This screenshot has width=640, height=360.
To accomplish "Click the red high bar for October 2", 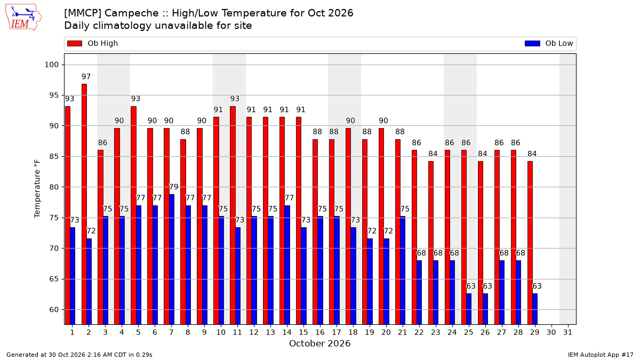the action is [84, 204].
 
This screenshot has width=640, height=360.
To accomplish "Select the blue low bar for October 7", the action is [171, 259].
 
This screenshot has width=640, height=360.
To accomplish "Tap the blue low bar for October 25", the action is [469, 309].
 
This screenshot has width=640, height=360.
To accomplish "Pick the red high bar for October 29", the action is [530, 243].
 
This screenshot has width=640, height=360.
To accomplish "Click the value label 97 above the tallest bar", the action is [86, 77].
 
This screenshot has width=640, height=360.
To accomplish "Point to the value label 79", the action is [174, 187].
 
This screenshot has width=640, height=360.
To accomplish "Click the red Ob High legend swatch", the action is [75, 43].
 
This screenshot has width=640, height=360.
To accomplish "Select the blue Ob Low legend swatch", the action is [532, 43].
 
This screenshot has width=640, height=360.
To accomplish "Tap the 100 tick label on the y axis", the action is [51, 65].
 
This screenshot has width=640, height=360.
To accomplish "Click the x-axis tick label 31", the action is [567, 332].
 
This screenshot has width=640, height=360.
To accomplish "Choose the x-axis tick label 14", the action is [287, 332].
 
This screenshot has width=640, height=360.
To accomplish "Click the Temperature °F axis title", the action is [37, 189].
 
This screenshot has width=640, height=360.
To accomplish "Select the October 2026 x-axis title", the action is [319, 343].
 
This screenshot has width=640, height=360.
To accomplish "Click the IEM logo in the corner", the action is [23, 18].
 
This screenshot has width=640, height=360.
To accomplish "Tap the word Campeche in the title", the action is [132, 13].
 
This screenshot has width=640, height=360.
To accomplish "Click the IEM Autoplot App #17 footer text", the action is [601, 355].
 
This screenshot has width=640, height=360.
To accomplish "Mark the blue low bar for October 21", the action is [403, 270].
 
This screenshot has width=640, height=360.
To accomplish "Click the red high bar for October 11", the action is [233, 215].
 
